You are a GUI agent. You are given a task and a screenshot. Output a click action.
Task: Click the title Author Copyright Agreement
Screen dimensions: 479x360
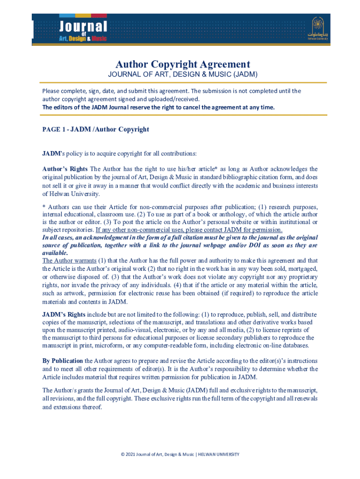(x=183, y=64)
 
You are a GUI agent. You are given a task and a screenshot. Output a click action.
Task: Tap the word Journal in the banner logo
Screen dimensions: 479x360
(x=83, y=26)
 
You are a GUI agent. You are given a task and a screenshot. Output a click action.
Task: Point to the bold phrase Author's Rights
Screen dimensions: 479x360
(x=65, y=169)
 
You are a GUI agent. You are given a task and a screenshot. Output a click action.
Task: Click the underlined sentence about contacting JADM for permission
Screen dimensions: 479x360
(x=189, y=230)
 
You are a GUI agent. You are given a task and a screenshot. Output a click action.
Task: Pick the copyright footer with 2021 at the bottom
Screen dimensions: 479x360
(x=180, y=454)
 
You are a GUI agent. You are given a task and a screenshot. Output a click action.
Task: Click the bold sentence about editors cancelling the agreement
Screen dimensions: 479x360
(x=158, y=107)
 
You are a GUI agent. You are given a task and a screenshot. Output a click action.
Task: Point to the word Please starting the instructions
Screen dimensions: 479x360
(x=51, y=91)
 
